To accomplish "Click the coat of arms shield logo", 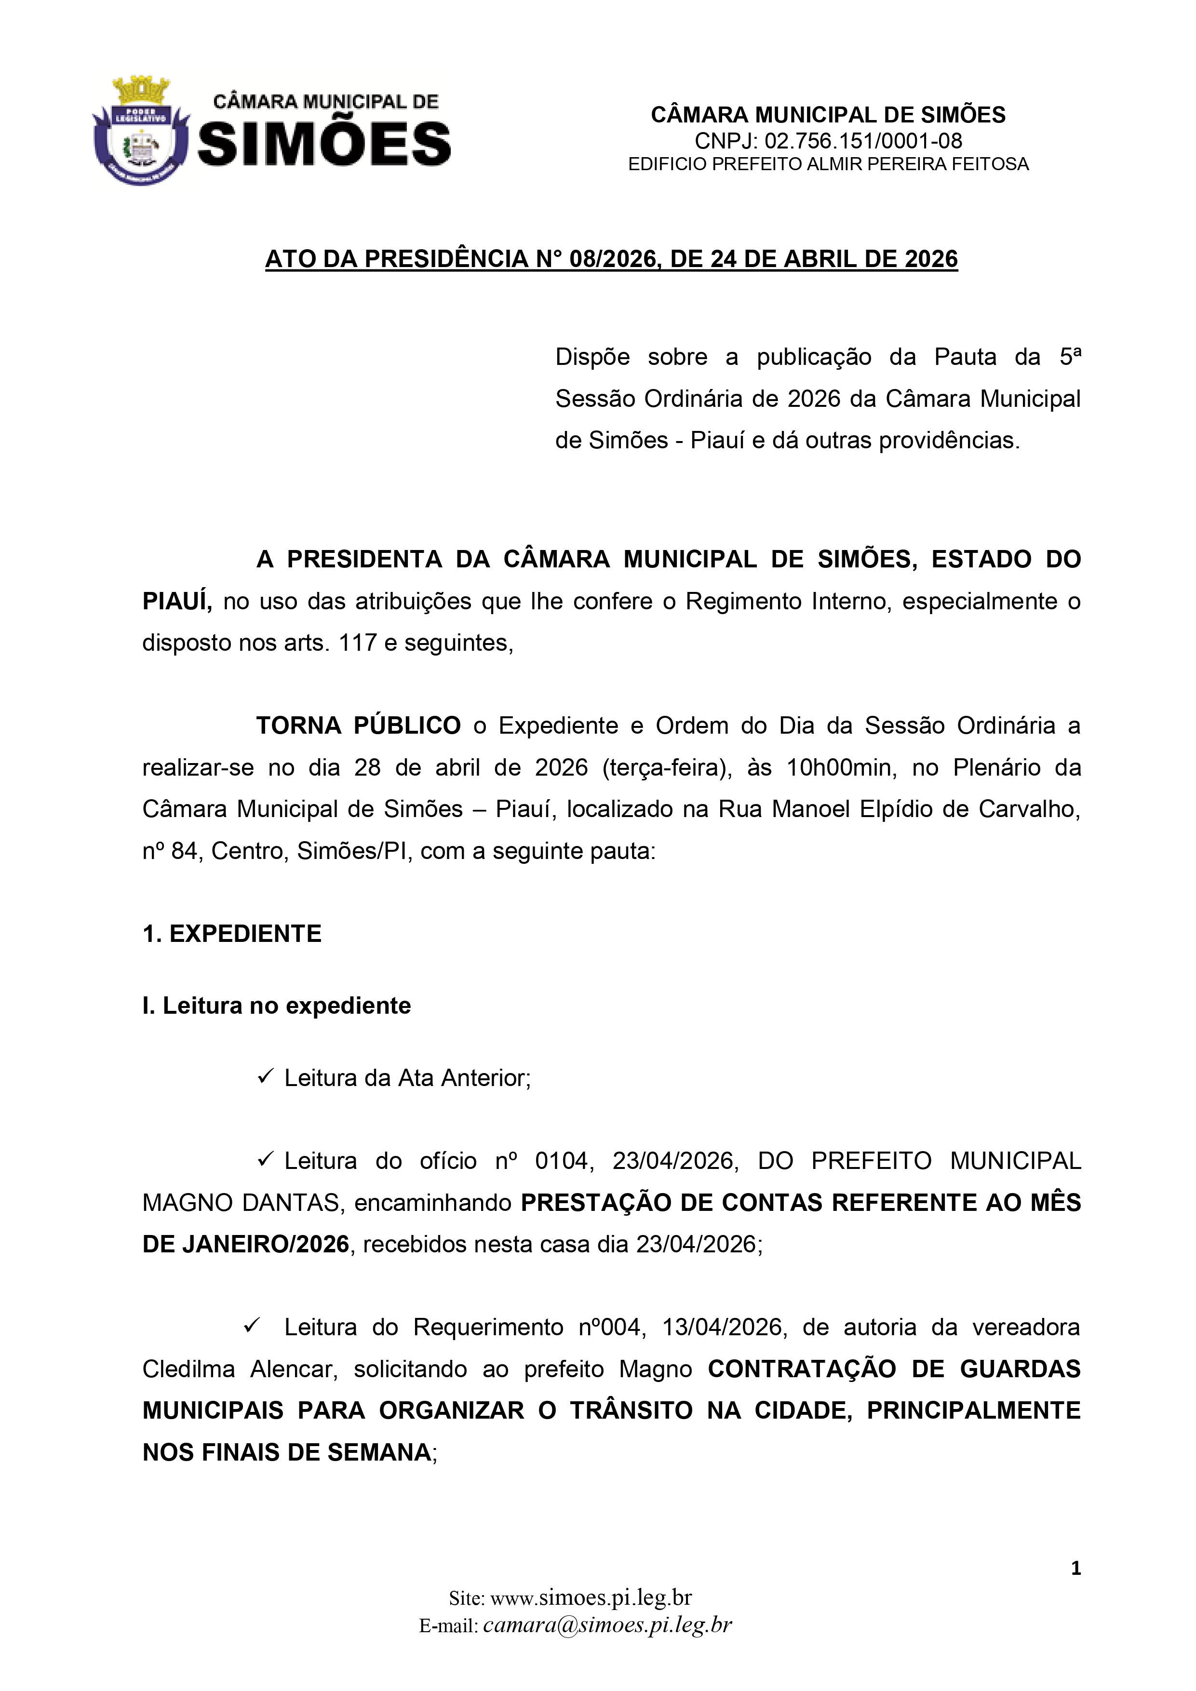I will click(141, 131).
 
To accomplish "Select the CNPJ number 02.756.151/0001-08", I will click(863, 141).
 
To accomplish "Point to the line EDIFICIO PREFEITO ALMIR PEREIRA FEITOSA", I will click(828, 164).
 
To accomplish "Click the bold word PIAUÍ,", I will click(177, 602).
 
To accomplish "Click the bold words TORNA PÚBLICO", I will click(359, 726).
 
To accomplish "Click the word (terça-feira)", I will click(667, 768).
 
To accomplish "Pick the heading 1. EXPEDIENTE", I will click(232, 934).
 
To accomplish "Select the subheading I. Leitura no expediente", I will click(276, 1006).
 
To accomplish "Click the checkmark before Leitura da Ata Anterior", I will click(265, 1077).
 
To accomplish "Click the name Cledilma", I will click(188, 1369).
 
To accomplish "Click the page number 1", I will click(1076, 1568).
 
